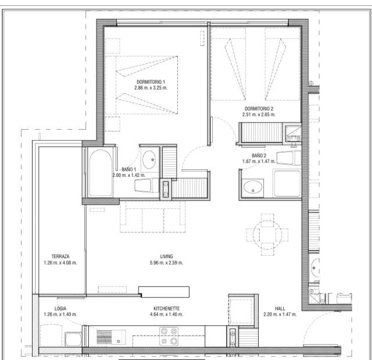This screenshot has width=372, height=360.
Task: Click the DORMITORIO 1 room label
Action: (x=151, y=82)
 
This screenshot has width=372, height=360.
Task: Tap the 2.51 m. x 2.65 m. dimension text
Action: (x=259, y=115)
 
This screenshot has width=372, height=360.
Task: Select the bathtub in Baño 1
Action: (x=101, y=173)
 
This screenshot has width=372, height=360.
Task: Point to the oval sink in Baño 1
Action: (x=149, y=159)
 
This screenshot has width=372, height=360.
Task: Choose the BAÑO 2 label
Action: (x=259, y=155)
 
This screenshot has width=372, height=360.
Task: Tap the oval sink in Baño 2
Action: (x=253, y=187)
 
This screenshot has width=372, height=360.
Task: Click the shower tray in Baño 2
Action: (x=287, y=183)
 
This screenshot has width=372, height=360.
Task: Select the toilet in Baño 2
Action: (x=289, y=158)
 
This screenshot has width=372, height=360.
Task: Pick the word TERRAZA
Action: (x=60, y=256)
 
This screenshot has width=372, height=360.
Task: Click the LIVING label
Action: (x=166, y=256)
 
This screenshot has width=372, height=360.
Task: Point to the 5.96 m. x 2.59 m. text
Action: (x=166, y=263)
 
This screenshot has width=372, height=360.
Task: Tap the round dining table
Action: (x=267, y=234)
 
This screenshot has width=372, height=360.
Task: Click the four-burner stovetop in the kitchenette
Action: (x=169, y=336)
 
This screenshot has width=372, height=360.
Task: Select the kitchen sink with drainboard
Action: (x=111, y=337)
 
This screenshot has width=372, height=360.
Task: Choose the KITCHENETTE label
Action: (x=167, y=308)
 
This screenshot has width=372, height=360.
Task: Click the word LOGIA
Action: (x=60, y=308)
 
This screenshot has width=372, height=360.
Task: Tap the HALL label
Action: (x=280, y=308)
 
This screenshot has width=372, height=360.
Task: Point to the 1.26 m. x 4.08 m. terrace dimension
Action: (x=60, y=263)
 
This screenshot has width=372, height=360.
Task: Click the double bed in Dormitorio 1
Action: (x=142, y=85)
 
